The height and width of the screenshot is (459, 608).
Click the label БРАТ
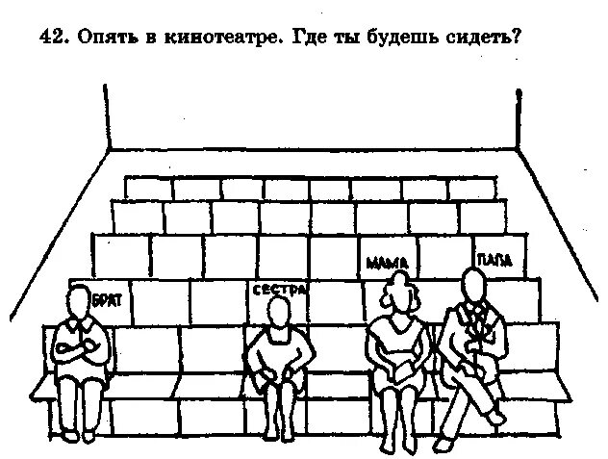pos(108,300)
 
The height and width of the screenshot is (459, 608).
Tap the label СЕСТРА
pos(278,289)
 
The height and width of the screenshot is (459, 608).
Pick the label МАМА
pos(388,263)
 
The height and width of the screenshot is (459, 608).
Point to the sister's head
pos(278,312)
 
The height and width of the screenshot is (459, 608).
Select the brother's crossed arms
pos(80,348)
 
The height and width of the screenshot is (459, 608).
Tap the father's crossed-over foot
pos(496,418)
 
